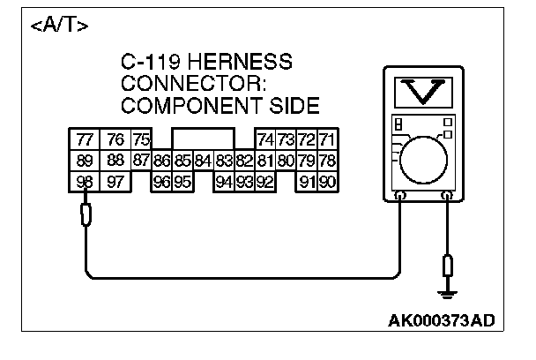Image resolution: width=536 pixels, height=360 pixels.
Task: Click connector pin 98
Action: pos(85,182)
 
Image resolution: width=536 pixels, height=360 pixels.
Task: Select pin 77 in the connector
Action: pos(85,140)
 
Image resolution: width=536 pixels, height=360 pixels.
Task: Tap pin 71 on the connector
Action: pos(327,140)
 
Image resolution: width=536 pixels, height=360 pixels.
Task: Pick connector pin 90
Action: pos(327,182)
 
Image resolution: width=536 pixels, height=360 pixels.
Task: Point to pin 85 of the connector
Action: pos(182,161)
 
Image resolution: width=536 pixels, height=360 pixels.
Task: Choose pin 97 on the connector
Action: pos(115,182)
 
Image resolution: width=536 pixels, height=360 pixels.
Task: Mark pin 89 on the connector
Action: pos(85,161)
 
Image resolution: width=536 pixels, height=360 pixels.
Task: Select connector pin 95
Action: pos(182,182)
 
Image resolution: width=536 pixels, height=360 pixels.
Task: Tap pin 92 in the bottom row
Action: pos(265,182)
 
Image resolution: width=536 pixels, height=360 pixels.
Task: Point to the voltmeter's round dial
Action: pos(424,158)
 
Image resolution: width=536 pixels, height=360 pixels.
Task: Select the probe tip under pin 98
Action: pos(85,214)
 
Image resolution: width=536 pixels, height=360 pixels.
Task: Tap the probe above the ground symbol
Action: pos(449,266)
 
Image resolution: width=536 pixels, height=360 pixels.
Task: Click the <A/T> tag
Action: pos(59,25)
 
